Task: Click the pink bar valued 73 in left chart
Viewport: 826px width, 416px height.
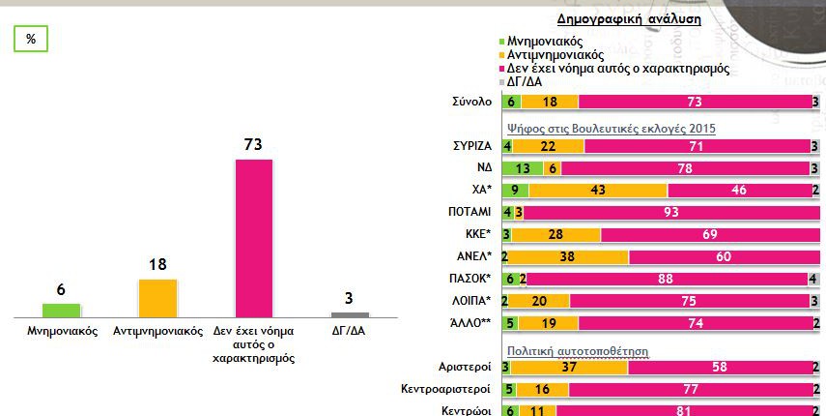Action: [254, 237]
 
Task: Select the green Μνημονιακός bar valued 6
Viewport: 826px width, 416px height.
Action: [62, 310]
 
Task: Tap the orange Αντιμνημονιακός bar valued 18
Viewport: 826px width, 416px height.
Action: [157, 297]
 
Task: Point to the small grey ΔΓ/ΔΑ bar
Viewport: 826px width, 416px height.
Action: [350, 314]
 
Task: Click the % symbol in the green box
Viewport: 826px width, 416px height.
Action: [31, 39]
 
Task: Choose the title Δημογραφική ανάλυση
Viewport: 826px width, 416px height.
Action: [629, 18]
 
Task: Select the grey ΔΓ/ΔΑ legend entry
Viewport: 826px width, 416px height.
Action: [528, 82]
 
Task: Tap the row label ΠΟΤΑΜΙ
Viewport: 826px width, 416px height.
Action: [470, 212]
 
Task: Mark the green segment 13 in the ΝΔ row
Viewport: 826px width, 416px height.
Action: [522, 168]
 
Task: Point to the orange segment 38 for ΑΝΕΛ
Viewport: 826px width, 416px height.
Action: [568, 256]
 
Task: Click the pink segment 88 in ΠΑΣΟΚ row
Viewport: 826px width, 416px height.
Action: [666, 279]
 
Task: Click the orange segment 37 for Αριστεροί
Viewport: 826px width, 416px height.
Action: [568, 368]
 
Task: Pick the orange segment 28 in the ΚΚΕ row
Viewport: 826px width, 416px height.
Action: [555, 234]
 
